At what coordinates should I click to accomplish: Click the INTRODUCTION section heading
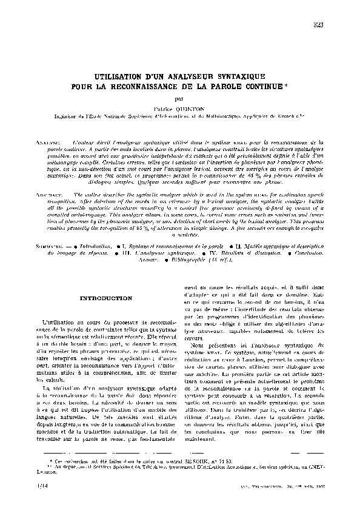[106, 299]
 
